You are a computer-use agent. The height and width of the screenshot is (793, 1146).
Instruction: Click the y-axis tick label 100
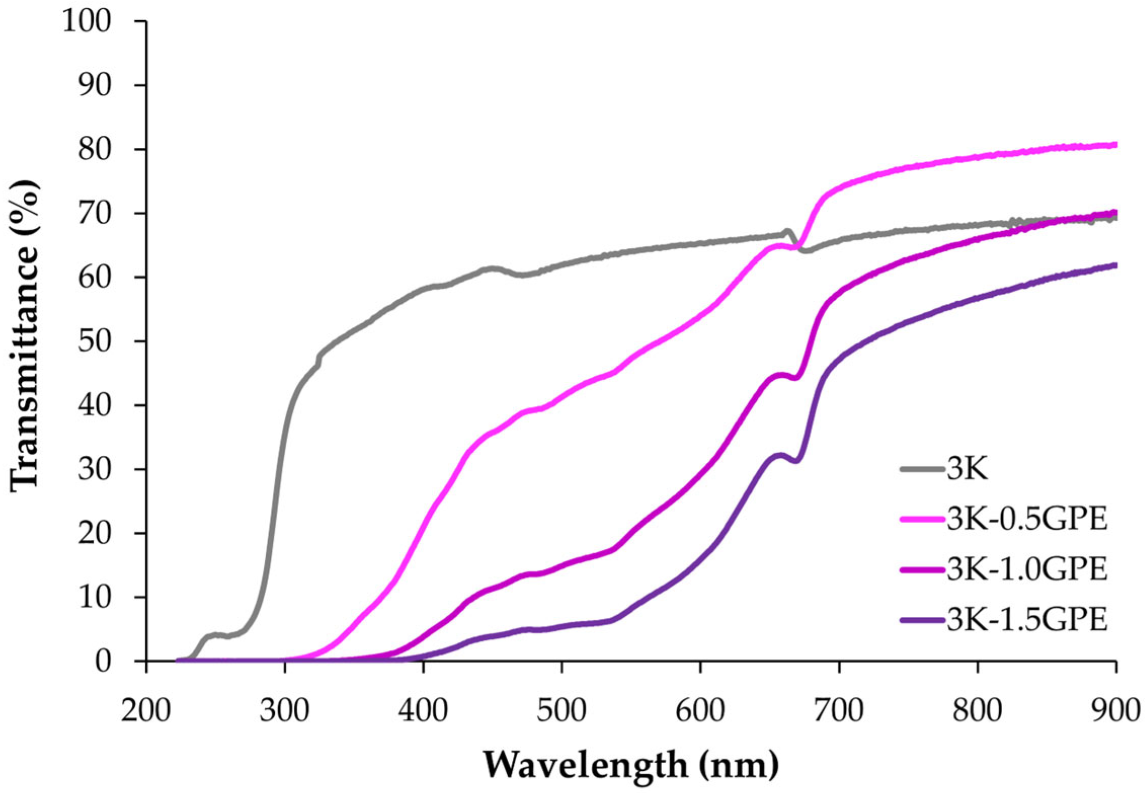86,22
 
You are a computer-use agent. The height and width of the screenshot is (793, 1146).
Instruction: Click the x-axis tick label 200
146,711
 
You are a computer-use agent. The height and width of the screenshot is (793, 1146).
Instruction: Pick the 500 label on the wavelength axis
562,711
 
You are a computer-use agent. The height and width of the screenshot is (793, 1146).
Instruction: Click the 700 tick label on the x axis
839,711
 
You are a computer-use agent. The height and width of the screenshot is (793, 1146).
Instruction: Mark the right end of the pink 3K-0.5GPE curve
1115,145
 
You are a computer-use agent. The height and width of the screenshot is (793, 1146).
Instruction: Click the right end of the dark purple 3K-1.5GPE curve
1115,265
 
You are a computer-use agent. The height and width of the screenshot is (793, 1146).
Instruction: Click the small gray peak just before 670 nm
787,231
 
